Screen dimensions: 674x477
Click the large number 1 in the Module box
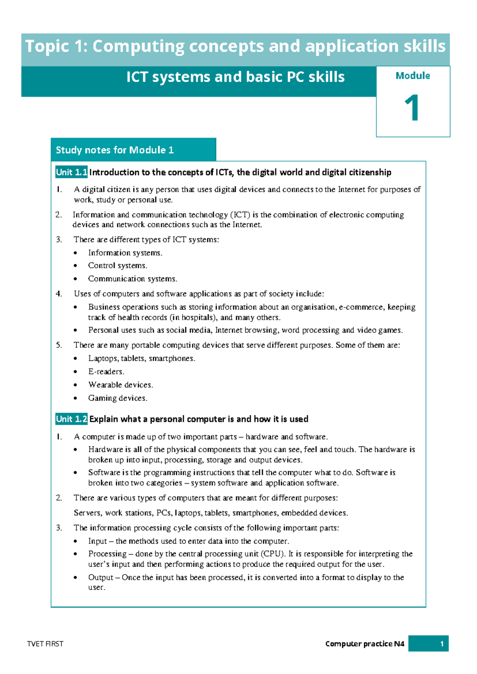coord(412,108)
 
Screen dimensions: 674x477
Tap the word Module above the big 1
coord(413,76)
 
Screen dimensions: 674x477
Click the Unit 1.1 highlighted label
coord(72,172)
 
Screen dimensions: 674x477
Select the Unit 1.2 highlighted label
coord(72,419)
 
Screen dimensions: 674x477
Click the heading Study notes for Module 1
coord(114,150)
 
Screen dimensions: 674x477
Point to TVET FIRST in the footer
coord(45,644)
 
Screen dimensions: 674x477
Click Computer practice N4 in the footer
coord(365,644)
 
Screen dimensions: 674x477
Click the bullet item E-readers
coord(106,372)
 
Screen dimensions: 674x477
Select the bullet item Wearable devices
coord(120,385)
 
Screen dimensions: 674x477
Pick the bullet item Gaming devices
coord(118,398)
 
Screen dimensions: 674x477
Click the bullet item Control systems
coord(118,265)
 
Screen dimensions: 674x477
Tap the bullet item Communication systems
coord(132,279)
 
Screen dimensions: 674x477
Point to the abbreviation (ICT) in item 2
coord(240,215)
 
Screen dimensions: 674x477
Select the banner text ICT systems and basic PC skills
coord(235,77)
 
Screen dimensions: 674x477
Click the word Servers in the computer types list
coord(87,513)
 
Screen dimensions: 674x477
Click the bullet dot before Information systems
coord(76,253)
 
